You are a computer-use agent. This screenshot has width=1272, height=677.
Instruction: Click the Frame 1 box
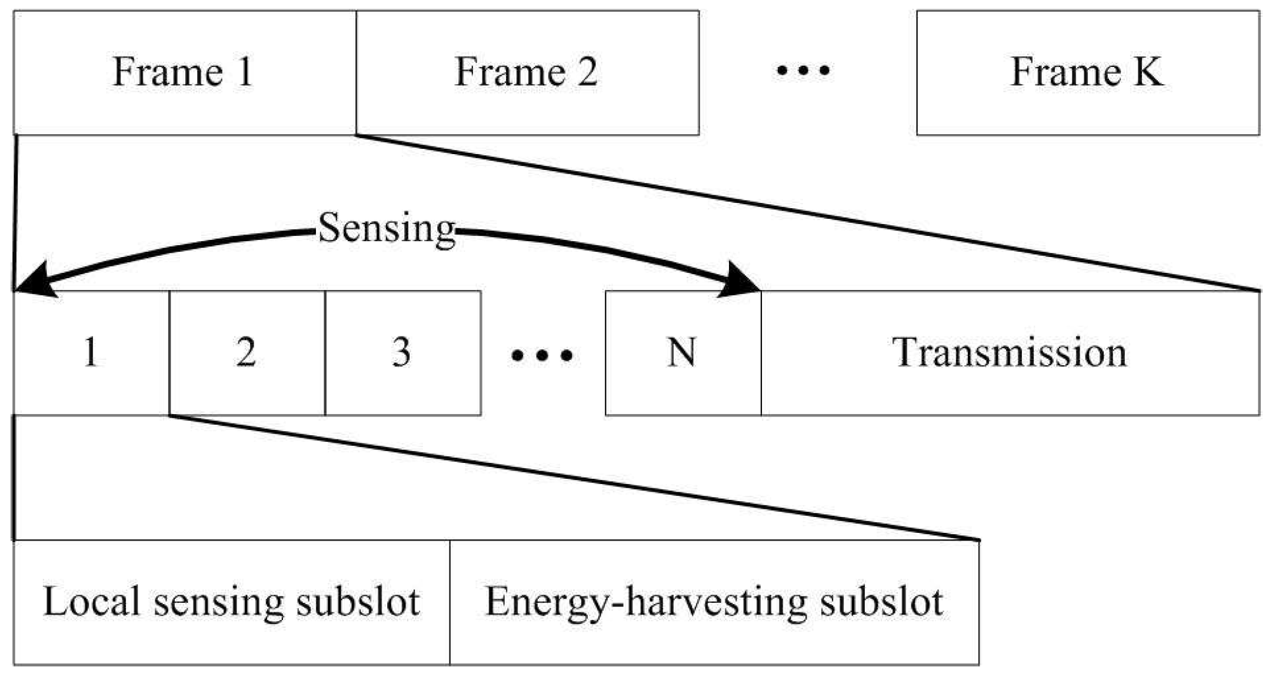[x=184, y=72]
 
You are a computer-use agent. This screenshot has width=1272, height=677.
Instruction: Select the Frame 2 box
[x=527, y=72]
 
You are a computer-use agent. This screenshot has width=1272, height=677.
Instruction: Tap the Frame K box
[x=1088, y=72]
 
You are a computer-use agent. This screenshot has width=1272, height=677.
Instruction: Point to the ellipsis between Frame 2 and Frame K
[x=803, y=71]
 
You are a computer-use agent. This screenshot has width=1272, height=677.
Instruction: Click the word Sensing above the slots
[x=387, y=228]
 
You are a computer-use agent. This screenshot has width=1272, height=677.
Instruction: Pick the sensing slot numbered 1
[x=91, y=353]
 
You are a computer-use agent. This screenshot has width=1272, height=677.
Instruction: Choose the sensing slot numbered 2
[x=247, y=353]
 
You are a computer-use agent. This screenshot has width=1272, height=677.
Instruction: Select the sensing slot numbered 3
[x=403, y=353]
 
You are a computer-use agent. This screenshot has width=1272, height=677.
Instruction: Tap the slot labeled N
[x=682, y=353]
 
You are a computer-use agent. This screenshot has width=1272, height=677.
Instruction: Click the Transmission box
[x=1010, y=353]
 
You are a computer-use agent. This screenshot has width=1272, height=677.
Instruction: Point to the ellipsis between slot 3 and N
[x=542, y=355]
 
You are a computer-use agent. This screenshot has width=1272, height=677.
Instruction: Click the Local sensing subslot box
[x=231, y=602]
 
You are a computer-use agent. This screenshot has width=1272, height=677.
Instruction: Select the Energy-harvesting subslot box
[x=714, y=602]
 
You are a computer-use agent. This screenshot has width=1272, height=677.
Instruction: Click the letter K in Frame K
[x=1148, y=72]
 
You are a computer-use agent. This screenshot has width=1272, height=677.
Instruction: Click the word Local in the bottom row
[x=91, y=601]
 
